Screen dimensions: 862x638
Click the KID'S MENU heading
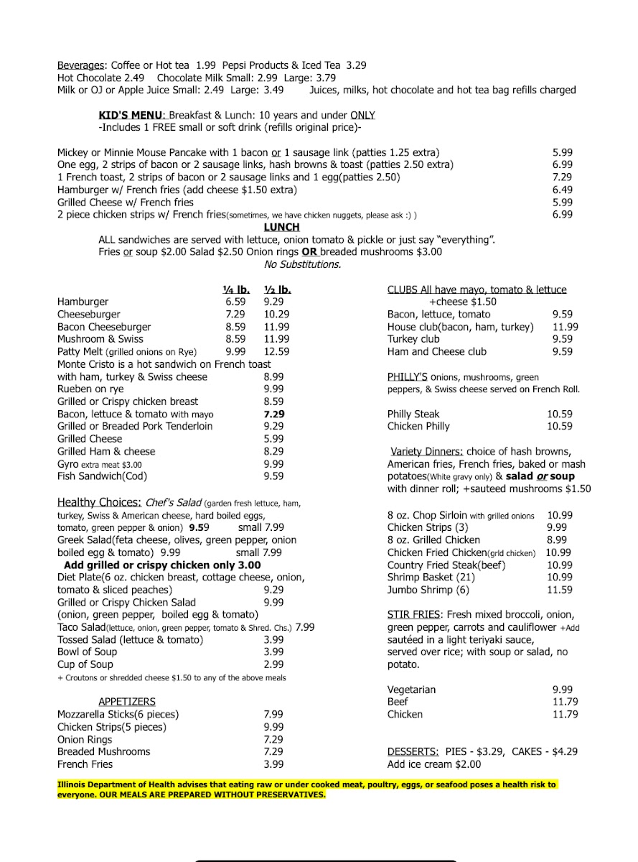coord(132,115)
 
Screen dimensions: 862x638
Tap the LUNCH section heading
coord(281,227)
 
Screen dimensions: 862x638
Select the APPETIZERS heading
coord(127,702)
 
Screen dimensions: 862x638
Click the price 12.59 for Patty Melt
coord(276,352)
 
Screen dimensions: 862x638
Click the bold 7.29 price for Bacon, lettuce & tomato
coord(274,414)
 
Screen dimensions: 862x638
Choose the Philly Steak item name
coord(413,414)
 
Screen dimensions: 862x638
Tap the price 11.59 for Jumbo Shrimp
coord(560,590)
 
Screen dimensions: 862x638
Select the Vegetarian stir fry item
coord(411,690)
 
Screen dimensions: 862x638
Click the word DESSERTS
coord(413,752)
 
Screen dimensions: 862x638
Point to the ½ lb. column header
coord(277,290)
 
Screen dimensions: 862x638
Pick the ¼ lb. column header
coord(236,290)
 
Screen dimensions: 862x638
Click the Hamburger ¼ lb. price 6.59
coord(235,302)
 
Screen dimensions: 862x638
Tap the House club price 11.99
coord(565,327)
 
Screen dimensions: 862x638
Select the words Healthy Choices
coord(98,503)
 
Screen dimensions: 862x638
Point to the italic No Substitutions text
coord(302,264)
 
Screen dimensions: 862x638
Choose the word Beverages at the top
coord(81,65)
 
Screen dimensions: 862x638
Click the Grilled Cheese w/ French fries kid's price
coord(563,203)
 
